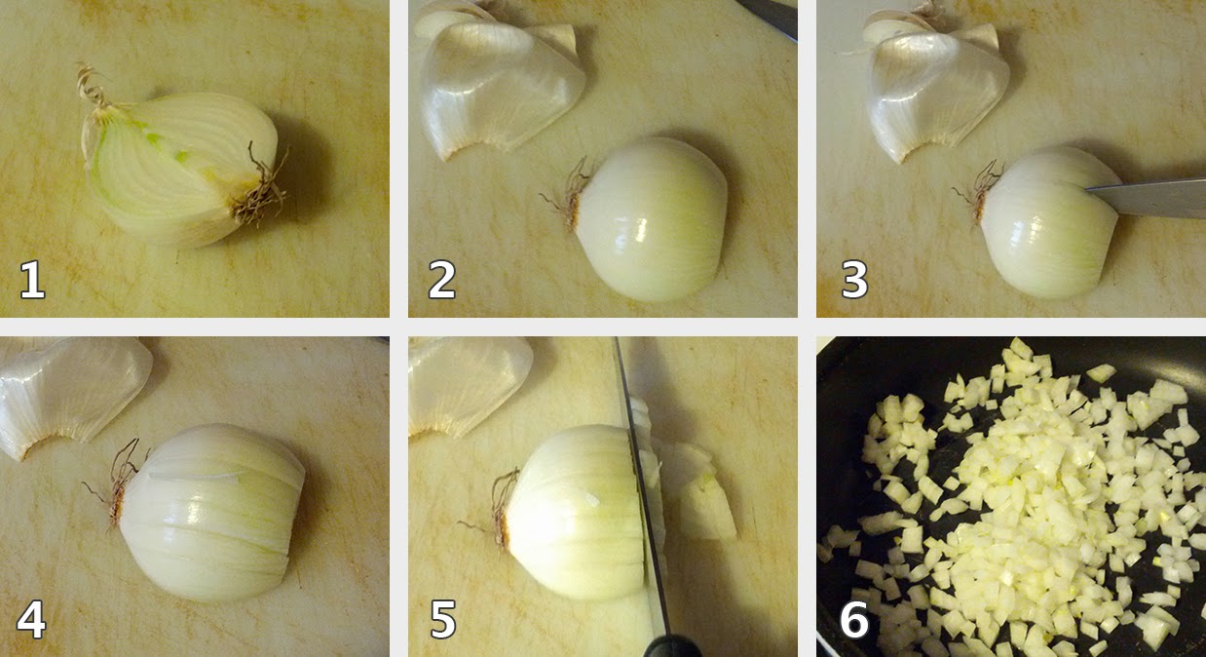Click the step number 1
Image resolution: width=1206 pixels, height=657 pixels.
coord(32,280)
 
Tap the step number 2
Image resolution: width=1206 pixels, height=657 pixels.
coord(442,280)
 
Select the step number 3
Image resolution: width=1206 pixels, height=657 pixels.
coord(854,280)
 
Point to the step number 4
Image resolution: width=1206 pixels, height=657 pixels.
coord(31,619)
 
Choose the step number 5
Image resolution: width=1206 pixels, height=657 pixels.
coord(443,619)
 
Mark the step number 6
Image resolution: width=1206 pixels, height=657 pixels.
coord(854,619)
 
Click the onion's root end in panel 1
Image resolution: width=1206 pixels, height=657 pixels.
coord(258,188)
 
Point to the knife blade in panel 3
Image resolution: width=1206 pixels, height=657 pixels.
coord(1147,198)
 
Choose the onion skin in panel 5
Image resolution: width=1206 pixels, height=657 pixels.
coord(469,385)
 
